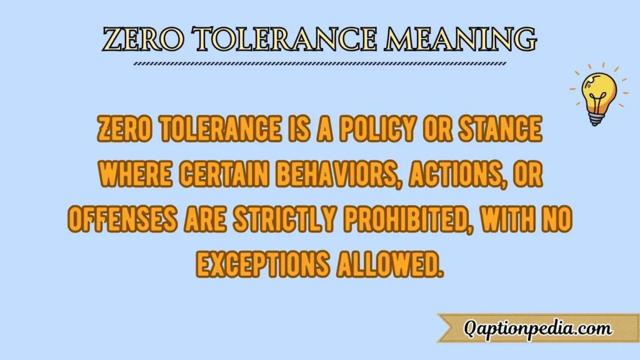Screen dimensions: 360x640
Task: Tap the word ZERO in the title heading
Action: (x=137, y=39)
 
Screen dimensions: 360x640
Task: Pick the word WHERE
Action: (x=135, y=174)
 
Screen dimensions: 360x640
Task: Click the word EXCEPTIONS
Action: (x=262, y=263)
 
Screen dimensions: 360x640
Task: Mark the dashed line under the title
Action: (x=321, y=64)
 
